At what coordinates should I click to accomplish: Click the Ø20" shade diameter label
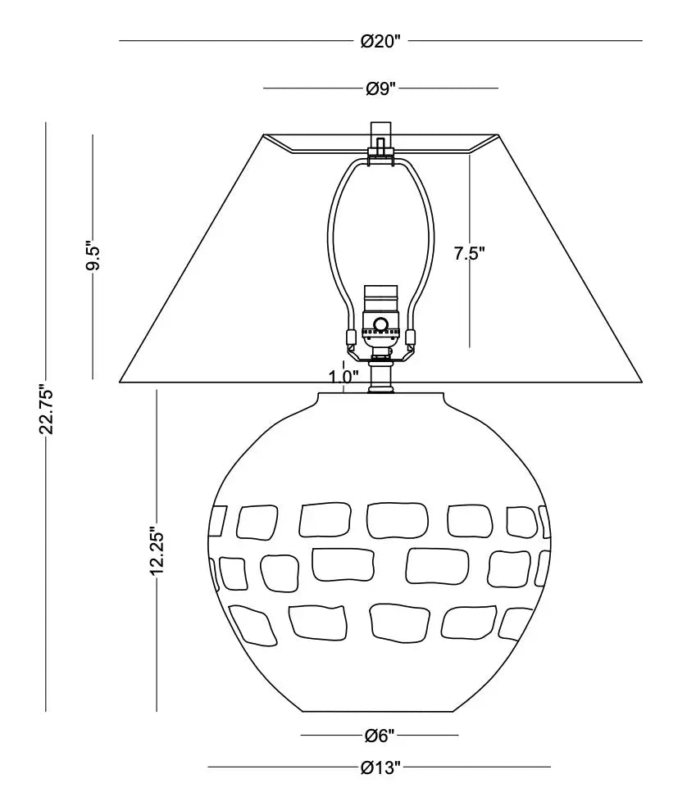380,41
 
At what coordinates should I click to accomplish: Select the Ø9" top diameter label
381,89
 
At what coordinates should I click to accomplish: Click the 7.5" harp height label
469,253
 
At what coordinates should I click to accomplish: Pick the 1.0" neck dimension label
343,377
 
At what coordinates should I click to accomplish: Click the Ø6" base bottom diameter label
380,736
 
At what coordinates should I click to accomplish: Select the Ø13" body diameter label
380,768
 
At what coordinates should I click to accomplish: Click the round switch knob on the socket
381,324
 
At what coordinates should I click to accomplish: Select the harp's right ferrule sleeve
411,337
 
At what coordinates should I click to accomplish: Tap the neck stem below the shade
381,377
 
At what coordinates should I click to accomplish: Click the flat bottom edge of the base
380,712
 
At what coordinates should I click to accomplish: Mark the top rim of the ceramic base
381,394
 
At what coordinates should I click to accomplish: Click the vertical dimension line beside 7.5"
469,251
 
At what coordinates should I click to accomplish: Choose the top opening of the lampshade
381,134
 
